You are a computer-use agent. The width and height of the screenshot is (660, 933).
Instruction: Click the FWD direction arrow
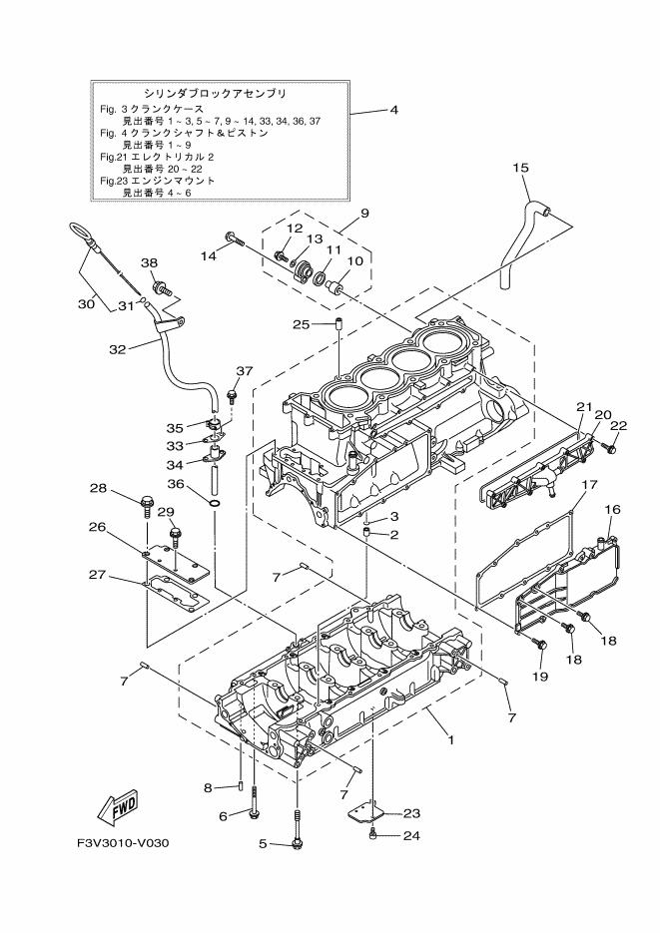click(x=119, y=806)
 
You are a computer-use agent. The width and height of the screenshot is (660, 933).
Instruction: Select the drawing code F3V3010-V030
click(x=123, y=843)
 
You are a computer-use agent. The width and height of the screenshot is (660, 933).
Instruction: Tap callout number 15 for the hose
click(x=520, y=168)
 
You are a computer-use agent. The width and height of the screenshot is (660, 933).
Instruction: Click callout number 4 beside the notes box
click(x=394, y=109)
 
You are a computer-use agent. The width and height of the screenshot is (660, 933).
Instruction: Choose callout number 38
click(x=149, y=263)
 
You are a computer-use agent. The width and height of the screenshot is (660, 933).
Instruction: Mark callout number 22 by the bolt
click(x=618, y=426)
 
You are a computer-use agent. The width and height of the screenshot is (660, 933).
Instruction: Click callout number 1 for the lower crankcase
click(x=451, y=740)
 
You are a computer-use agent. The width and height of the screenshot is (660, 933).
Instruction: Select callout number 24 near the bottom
click(x=409, y=836)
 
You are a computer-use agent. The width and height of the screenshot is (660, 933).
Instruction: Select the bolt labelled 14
click(x=235, y=237)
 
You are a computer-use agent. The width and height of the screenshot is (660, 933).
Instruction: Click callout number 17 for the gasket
click(x=590, y=485)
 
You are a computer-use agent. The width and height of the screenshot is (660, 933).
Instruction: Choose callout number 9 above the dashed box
click(x=364, y=213)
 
